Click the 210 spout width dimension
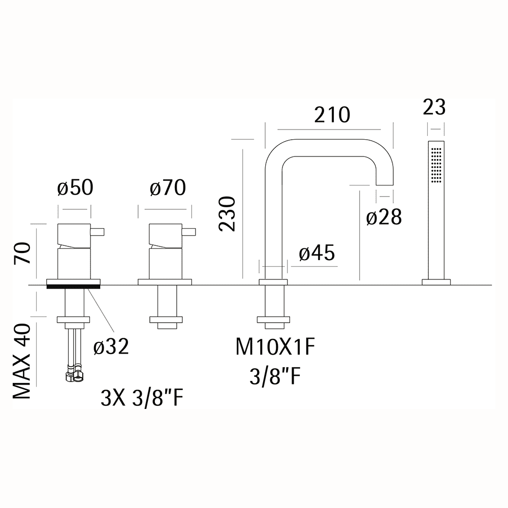tap(332, 115)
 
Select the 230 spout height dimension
tap(227, 213)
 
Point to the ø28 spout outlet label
tap(384, 217)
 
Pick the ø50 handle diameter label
tap(75, 187)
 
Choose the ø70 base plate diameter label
tap(168, 187)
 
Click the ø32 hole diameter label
tap(111, 346)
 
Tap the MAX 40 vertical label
tap(22, 362)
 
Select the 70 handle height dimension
tap(22, 253)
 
